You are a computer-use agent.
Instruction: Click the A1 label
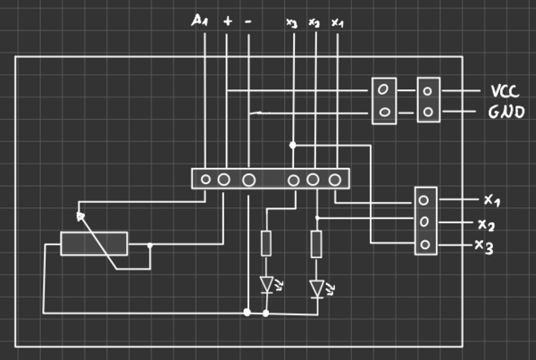[x=200, y=19]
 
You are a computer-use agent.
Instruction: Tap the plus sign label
[x=228, y=19]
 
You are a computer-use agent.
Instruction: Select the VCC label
[x=504, y=91]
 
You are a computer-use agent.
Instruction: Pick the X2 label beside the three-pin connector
[x=487, y=223]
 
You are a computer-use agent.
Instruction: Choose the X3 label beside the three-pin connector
[x=484, y=246]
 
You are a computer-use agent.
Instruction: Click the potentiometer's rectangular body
[x=94, y=244]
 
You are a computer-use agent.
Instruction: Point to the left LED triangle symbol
[x=266, y=285]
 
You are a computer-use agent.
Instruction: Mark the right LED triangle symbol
[x=316, y=288]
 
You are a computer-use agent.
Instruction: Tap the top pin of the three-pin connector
[x=424, y=201]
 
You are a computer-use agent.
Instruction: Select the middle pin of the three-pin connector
[x=424, y=222]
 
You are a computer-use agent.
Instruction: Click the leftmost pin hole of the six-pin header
[x=205, y=180]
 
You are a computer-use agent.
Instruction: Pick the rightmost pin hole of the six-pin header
[x=335, y=180]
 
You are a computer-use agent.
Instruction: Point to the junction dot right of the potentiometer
[x=151, y=245]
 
